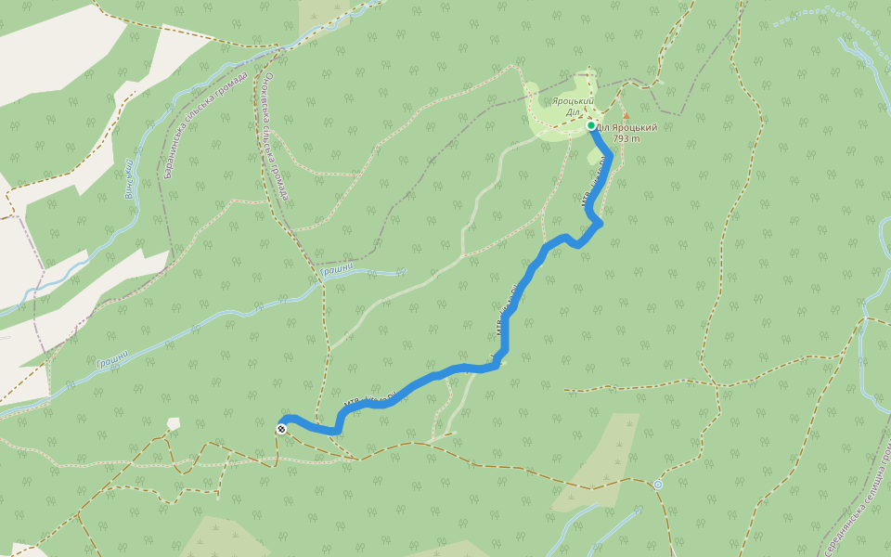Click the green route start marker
click(590, 125)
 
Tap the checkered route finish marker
click(280, 428)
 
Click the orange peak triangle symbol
click(625, 116)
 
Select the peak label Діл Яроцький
click(627, 128)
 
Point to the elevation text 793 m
click(627, 139)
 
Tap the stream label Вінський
click(128, 178)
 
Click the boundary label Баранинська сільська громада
click(206, 124)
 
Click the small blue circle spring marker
click(658, 484)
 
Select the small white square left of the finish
click(174, 423)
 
